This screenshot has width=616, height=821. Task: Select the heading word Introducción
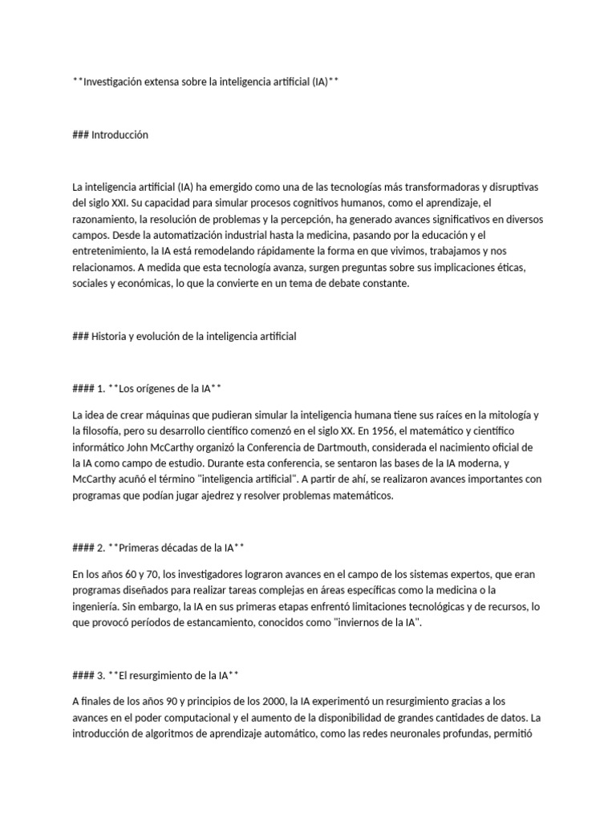[120, 135]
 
